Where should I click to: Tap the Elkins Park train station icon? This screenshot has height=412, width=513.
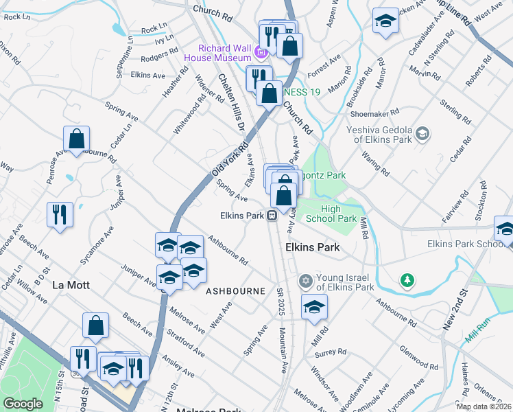(272, 216)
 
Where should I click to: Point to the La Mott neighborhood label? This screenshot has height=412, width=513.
(71, 284)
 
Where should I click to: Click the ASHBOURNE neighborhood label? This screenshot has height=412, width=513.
(235, 291)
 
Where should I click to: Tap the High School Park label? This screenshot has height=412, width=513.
(338, 214)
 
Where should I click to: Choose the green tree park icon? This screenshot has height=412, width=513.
(407, 281)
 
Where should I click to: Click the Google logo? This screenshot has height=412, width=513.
(23, 404)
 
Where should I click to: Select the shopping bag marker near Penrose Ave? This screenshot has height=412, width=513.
(76, 139)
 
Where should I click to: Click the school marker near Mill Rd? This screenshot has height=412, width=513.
(314, 307)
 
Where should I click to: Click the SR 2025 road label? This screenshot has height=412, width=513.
(281, 301)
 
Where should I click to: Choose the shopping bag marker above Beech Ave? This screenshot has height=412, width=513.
(96, 326)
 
